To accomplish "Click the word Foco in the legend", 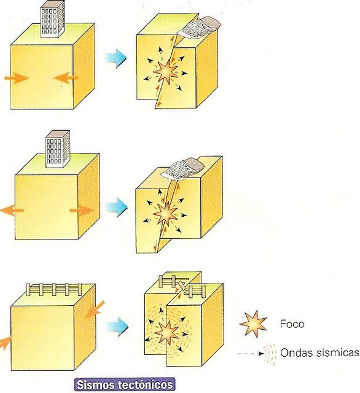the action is point(292,324).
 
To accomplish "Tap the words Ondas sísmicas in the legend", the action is point(319,352).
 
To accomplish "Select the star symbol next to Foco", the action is point(253,324).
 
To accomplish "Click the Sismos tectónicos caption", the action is point(125,385).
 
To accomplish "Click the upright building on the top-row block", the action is point(53,20).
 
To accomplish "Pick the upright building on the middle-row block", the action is point(57,149).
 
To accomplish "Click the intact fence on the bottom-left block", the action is point(54,289).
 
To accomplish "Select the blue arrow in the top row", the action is point(115,58).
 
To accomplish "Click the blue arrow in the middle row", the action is point(117,207).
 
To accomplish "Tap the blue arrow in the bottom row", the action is point(117,327).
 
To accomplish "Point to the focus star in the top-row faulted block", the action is point(166,72).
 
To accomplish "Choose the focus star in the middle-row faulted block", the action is point(165,214).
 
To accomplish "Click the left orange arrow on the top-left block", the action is point(17,78).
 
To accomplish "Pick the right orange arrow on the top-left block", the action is point(66,77).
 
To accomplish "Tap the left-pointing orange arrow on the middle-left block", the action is point(12,210).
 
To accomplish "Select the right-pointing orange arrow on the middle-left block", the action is point(82,210).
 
